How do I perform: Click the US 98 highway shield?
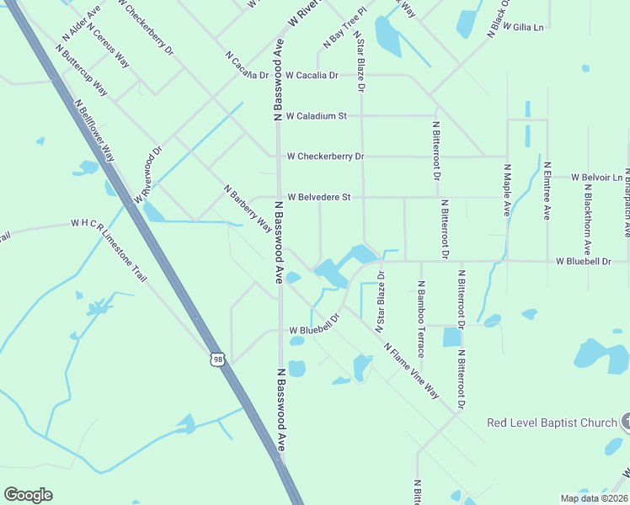[218, 359]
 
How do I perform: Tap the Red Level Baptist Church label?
[551, 422]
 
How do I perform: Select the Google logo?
[28, 495]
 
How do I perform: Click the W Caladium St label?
[317, 116]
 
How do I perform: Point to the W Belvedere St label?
[318, 197]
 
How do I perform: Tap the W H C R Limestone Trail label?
[109, 240]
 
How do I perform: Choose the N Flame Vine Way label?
[411, 370]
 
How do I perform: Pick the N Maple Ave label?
[507, 189]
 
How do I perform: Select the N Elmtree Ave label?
[547, 191]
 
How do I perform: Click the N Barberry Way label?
[248, 208]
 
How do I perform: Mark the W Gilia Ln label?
[523, 27]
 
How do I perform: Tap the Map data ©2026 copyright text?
[594, 497]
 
